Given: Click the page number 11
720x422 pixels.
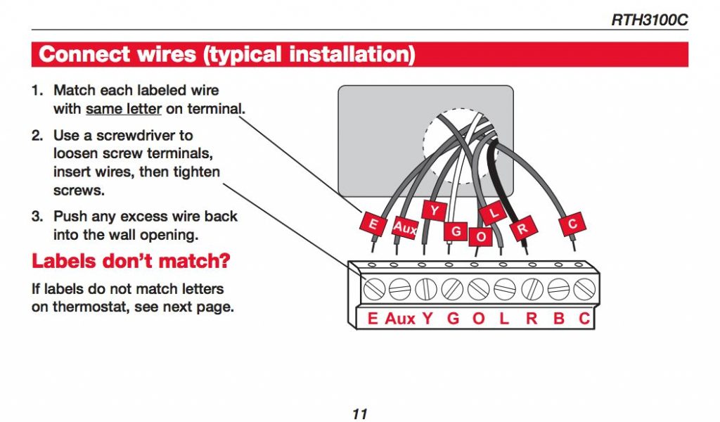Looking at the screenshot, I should click(x=360, y=414).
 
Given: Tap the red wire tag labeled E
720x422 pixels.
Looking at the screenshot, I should click(x=372, y=225).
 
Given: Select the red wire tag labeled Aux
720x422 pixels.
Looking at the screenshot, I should click(x=404, y=227).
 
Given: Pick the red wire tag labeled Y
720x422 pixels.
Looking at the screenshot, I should click(x=434, y=210).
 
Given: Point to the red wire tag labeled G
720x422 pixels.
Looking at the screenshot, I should click(x=456, y=231).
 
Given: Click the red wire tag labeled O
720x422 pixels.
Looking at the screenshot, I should click(x=481, y=236).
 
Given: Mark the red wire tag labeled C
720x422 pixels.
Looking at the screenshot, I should click(x=572, y=224).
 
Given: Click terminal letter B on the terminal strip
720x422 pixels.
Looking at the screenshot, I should click(x=559, y=318).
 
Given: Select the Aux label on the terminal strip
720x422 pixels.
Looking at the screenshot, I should click(x=400, y=318).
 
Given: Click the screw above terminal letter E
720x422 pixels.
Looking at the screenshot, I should click(x=373, y=288).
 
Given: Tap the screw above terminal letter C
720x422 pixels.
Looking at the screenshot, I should click(x=583, y=288).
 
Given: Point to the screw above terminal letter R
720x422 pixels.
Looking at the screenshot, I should click(x=531, y=288).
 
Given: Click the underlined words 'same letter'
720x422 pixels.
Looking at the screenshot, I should click(x=124, y=109).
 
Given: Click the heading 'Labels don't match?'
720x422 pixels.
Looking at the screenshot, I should click(x=131, y=262).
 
